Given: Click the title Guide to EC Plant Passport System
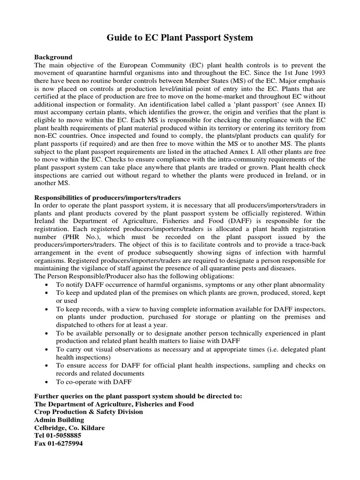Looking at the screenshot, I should [180, 38].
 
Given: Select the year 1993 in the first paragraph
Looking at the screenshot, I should [316, 73].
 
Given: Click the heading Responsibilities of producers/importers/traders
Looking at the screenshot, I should [107, 197].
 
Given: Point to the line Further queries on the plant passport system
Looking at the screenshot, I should [138, 396].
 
